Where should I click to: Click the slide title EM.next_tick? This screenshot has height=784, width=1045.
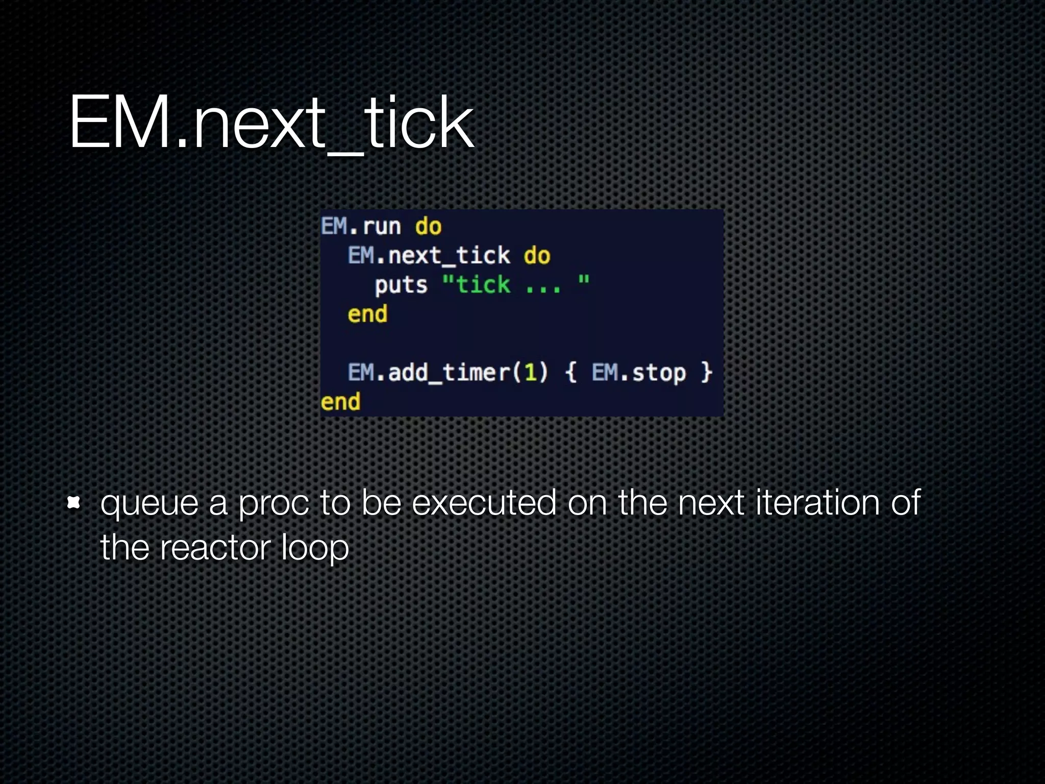[271, 124]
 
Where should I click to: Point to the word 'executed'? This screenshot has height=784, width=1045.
[484, 503]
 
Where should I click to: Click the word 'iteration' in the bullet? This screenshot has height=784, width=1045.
[817, 503]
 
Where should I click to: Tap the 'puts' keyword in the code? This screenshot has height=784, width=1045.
[401, 285]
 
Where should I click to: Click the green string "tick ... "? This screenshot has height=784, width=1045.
[516, 284]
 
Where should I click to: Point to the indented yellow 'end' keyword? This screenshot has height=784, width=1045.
[367, 314]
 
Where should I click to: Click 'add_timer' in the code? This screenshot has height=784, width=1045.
[449, 373]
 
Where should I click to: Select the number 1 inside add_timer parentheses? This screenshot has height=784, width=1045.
[530, 373]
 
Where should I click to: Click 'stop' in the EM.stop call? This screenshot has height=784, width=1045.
[659, 373]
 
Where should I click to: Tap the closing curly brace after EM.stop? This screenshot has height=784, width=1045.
[706, 373]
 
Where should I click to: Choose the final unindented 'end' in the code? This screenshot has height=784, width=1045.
[340, 402]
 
